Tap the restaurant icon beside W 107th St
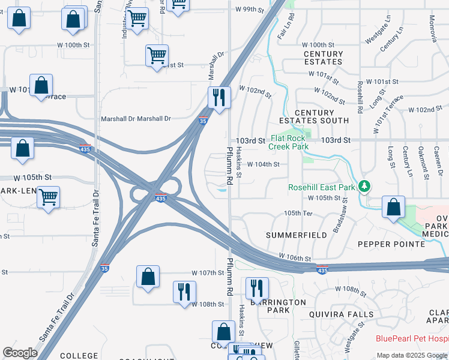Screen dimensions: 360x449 pos(184,292)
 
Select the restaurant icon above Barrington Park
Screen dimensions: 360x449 pos(256,289)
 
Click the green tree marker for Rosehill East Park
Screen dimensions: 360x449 pos(364,186)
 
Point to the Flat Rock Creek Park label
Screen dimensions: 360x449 pos(288,142)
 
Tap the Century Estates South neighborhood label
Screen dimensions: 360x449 pos(323,116)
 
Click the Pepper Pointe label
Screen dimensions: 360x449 pos(391,244)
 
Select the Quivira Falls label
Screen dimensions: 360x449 pos(341,314)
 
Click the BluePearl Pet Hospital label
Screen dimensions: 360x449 pos(412,338)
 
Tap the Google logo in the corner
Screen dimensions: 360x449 pos(20,353)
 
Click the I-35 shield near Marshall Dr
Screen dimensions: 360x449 pos(203,121)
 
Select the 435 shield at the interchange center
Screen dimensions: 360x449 pos(160,198)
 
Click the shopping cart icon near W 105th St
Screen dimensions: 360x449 pos(48,196)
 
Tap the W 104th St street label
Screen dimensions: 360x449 pos(263,164)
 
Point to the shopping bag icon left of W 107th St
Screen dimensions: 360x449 pos(148,277)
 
